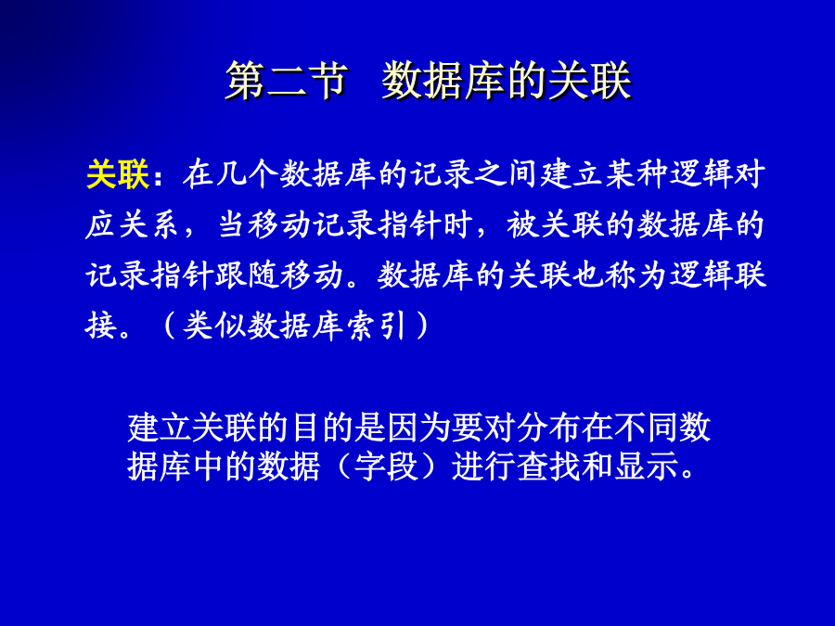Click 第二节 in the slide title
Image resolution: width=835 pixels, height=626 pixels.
click(287, 81)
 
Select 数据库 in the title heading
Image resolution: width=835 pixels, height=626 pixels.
click(443, 81)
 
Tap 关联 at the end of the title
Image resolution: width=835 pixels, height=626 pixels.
click(590, 81)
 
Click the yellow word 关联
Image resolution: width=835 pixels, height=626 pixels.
click(118, 174)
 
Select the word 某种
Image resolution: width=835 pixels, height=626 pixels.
click(636, 174)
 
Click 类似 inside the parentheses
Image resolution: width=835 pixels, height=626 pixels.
click(214, 326)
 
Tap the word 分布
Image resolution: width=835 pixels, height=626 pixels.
click(548, 428)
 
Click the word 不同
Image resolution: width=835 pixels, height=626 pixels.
click(646, 428)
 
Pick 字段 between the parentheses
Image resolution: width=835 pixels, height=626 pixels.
click(386, 466)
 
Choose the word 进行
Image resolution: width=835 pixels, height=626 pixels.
click(483, 466)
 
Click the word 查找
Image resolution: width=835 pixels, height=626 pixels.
click(548, 466)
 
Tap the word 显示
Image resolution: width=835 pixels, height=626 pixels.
click(646, 466)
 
